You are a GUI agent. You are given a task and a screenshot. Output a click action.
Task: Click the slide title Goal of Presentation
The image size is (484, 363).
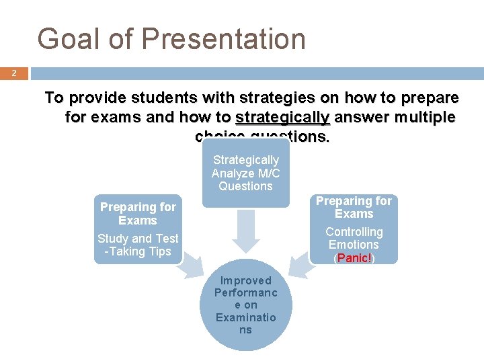click(171, 39)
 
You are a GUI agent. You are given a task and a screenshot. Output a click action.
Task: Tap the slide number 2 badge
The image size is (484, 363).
click(13, 73)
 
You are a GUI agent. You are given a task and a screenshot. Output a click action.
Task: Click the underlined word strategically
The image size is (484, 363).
click(282, 118)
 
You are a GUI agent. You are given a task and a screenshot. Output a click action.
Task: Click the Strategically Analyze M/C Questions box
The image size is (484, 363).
click(245, 173)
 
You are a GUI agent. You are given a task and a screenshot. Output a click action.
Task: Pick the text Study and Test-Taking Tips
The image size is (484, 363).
click(138, 245)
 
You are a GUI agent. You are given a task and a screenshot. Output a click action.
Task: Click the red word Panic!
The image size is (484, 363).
click(354, 258)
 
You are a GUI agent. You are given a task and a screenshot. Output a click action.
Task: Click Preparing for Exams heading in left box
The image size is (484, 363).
click(138, 214)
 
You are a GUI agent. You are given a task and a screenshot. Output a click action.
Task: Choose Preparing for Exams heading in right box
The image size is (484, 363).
click(354, 207)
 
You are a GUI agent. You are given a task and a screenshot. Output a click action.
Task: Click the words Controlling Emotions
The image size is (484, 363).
click(354, 238)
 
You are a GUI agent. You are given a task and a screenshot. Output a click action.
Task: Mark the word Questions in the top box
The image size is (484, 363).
click(245, 186)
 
